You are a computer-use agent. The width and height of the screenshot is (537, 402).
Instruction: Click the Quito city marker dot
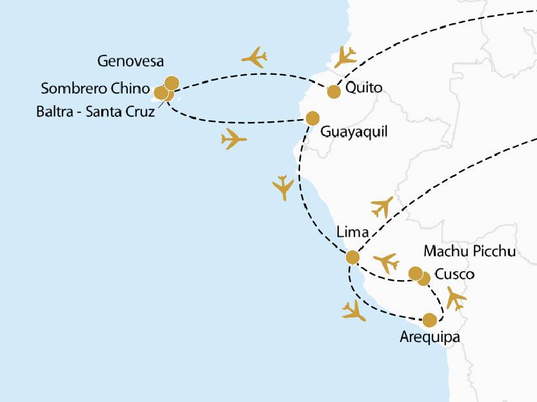334,92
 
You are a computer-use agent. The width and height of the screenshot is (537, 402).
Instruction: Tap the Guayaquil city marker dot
312,118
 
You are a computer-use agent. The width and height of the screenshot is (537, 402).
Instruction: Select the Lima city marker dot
352,257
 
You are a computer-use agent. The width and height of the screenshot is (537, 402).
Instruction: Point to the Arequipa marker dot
429,319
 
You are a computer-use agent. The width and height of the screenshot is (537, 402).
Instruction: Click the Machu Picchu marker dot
416,272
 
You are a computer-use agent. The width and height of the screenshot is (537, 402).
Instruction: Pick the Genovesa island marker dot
172,83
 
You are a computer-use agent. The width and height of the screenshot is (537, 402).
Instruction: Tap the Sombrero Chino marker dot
161,92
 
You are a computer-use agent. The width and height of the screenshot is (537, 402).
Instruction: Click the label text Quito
364,88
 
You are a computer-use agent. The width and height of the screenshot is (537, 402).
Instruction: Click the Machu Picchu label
469,251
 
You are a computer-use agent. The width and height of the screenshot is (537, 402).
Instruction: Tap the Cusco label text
454,274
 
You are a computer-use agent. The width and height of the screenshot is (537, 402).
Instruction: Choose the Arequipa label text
431,337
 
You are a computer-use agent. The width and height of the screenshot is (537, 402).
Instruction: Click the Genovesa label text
130,62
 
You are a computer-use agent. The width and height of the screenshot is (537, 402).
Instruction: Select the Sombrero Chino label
95,89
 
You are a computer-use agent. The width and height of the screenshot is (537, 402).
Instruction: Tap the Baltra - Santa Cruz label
96,112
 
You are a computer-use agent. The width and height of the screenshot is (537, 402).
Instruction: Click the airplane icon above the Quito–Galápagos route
254,57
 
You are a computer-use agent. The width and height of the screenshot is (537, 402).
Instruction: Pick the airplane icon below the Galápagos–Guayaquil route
234,139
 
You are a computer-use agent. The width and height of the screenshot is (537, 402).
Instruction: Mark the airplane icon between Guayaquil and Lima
283,187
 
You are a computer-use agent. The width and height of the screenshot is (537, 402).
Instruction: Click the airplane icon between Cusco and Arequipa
456,298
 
